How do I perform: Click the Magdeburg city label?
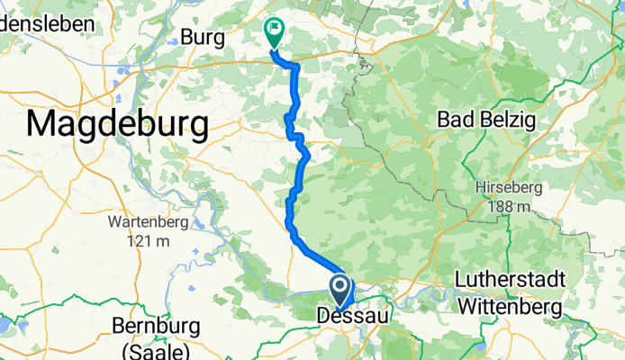[117, 123]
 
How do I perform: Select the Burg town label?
[202, 37]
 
